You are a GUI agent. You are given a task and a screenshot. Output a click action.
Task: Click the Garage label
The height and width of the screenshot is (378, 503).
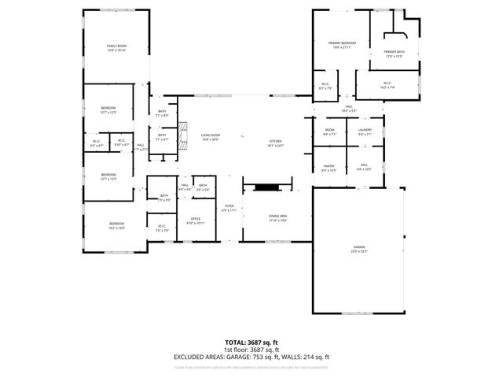(358, 250)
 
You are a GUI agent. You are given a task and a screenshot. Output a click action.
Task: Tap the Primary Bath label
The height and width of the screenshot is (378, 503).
(394, 54)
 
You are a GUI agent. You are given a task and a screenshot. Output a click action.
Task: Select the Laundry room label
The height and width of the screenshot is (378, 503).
(365, 132)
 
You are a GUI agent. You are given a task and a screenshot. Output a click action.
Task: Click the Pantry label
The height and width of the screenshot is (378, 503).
(329, 167)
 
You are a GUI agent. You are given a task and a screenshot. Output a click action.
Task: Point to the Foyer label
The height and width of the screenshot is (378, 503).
(228, 208)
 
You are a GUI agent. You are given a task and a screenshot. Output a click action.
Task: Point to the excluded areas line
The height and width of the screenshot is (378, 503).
(251, 357)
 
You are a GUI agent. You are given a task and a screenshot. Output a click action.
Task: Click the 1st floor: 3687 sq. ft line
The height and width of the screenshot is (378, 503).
(251, 350)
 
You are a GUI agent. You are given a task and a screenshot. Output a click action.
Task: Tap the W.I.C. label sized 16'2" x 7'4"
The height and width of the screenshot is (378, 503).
(387, 85)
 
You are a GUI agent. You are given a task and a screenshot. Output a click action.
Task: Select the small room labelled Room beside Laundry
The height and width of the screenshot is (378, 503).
(329, 132)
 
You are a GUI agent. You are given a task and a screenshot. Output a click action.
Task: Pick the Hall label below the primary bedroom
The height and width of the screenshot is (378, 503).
(347, 108)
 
